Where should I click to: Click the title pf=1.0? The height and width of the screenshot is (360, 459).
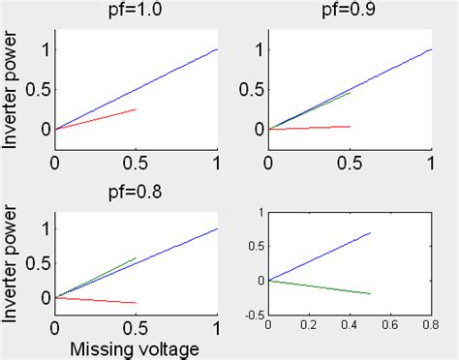136,12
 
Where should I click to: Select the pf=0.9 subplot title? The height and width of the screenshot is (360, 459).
349,12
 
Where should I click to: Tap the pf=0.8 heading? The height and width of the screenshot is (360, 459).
136,191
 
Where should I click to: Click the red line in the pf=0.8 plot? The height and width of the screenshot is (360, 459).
97,300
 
